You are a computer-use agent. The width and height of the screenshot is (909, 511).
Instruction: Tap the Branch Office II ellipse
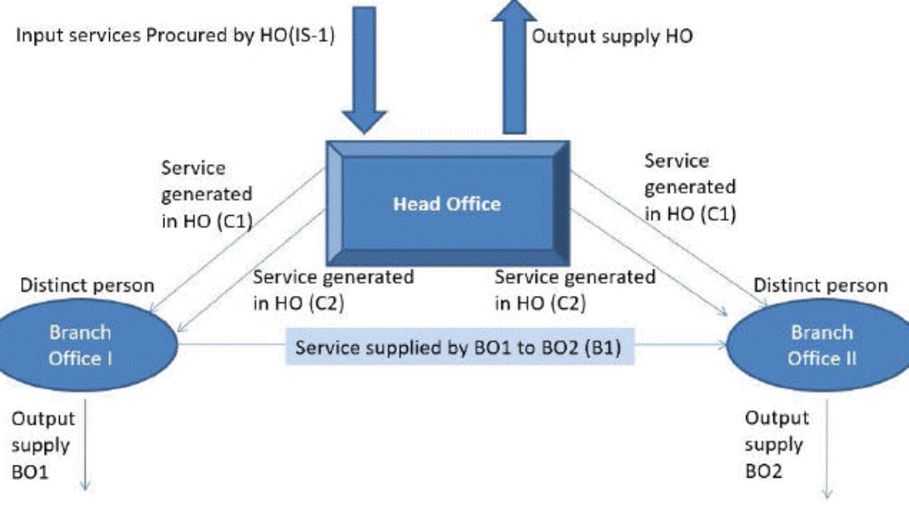pyautogui.click(x=822, y=345)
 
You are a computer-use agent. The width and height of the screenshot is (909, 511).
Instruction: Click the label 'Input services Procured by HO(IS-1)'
pyautogui.click(x=176, y=36)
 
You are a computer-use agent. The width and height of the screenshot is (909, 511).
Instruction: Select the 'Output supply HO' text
pyautogui.click(x=612, y=36)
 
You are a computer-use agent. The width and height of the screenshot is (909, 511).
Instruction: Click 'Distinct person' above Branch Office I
pyautogui.click(x=87, y=286)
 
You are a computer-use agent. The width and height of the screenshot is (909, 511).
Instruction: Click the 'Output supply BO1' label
pyautogui.click(x=43, y=444)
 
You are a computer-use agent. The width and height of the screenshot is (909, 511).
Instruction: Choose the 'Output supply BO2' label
pyautogui.click(x=776, y=444)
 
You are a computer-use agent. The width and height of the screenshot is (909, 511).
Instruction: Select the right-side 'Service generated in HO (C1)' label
pyautogui.click(x=689, y=187)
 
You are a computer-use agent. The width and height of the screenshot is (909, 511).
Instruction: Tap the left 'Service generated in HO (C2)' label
pyautogui.click(x=333, y=290)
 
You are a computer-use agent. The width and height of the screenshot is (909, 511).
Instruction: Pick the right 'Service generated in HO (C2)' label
pyautogui.click(x=575, y=290)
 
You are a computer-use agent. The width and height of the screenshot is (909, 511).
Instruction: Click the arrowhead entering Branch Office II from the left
pyautogui.click(x=720, y=347)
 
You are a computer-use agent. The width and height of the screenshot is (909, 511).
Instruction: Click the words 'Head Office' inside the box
pyautogui.click(x=447, y=204)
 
